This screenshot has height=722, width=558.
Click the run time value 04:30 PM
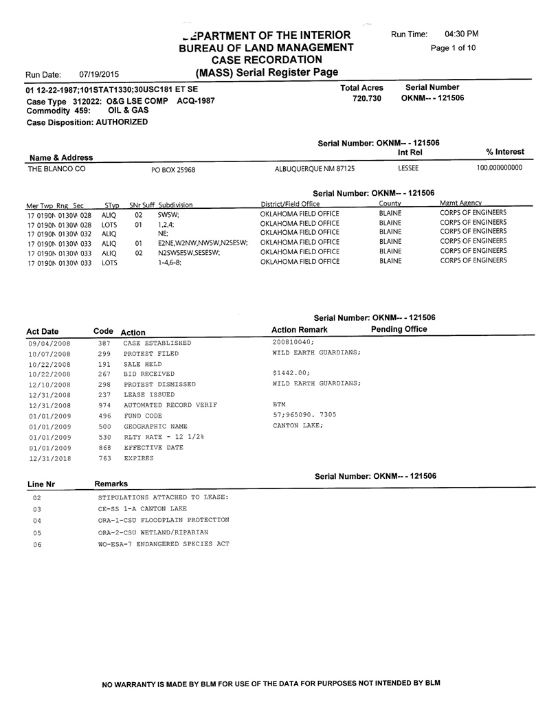pos(462,34)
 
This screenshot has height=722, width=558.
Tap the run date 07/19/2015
pos(99,74)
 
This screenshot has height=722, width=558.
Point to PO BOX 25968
pos(173,169)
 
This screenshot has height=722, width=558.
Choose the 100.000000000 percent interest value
pos(500,168)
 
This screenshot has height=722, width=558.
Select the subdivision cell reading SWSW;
pos(168,214)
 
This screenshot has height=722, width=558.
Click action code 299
pos(104,353)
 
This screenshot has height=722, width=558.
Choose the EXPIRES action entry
pos(139,458)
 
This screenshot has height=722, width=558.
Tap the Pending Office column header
pos(399,329)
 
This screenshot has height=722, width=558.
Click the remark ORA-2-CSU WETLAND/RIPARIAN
pos(153,532)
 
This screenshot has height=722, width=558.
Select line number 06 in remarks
pos(38,545)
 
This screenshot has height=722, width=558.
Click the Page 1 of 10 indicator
pos(453,48)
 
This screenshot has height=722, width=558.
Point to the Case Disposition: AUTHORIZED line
pos(87,122)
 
